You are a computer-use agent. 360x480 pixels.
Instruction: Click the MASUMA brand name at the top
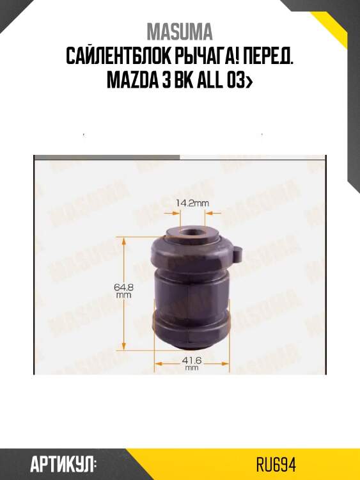(x=180, y=31)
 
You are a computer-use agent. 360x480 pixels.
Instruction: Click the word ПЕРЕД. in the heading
(x=268, y=57)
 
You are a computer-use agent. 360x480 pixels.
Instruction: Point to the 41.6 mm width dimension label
(x=191, y=363)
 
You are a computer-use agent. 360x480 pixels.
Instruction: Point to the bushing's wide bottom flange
(x=191, y=326)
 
